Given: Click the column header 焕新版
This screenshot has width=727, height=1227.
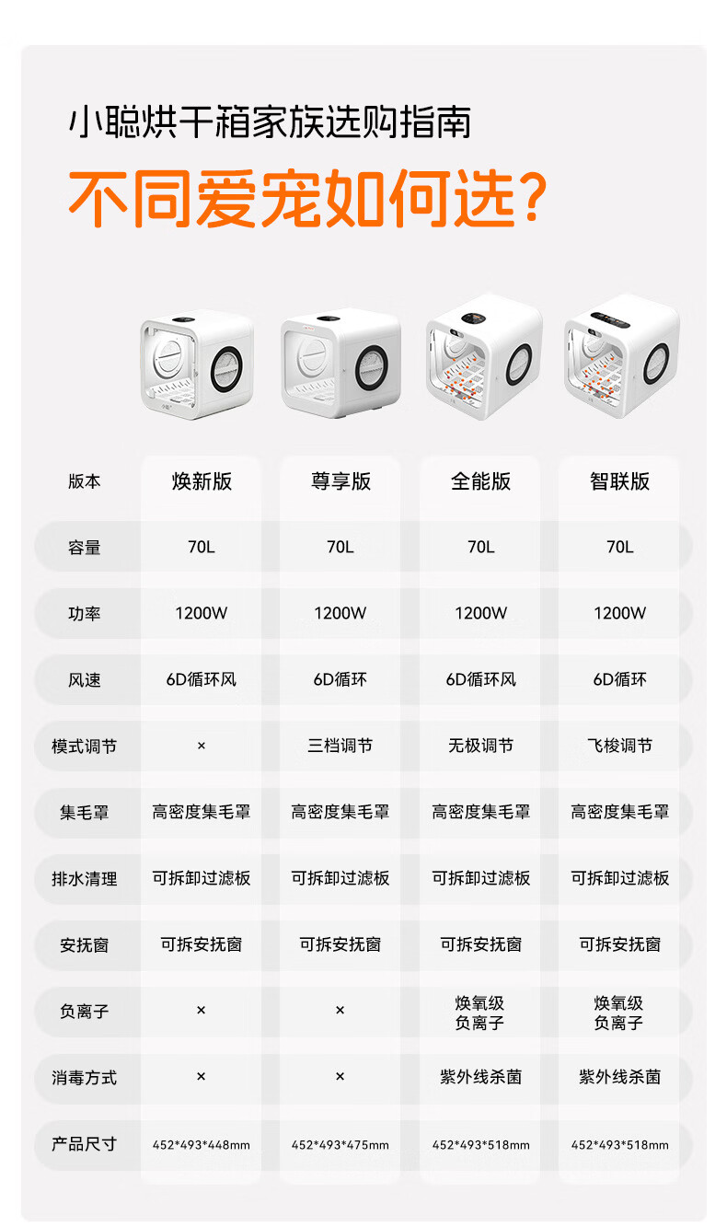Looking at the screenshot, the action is (x=202, y=481).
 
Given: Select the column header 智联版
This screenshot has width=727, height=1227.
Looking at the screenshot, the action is (x=619, y=481).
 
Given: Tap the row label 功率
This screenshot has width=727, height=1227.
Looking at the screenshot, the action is (x=85, y=613).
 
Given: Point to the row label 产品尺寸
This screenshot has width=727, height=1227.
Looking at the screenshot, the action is (x=85, y=1144).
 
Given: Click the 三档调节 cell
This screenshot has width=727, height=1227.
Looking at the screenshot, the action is (x=340, y=746).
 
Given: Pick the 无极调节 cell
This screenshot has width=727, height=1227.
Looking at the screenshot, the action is (x=480, y=746).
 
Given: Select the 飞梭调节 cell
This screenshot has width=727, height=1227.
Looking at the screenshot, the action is (x=619, y=746).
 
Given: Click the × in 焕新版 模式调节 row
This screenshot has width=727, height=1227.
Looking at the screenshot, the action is (x=202, y=746).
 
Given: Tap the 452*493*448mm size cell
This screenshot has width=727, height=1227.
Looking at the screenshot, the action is (x=202, y=1145).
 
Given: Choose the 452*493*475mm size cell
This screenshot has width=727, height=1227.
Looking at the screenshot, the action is (x=340, y=1145).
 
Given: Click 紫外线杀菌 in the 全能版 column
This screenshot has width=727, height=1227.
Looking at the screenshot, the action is (x=480, y=1076).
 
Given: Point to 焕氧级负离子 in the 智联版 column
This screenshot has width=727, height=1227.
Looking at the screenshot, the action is (x=618, y=1013).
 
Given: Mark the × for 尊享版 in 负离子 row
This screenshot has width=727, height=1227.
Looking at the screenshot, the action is (x=340, y=1010).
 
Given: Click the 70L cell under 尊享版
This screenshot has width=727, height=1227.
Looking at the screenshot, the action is (x=340, y=547).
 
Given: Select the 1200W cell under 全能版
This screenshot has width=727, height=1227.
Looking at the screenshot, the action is (x=480, y=613).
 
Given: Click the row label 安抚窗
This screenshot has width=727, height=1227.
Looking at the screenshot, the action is (x=85, y=945).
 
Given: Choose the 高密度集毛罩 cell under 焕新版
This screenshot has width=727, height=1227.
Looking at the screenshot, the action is (x=202, y=812).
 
